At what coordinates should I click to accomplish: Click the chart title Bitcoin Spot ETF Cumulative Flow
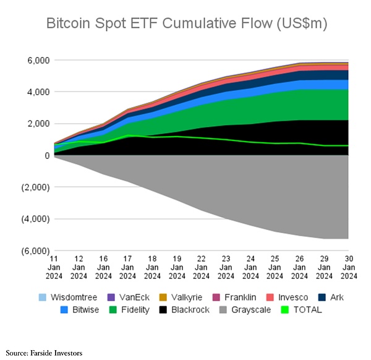pos(185,24)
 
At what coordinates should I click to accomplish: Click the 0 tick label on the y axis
pos(45,155)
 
